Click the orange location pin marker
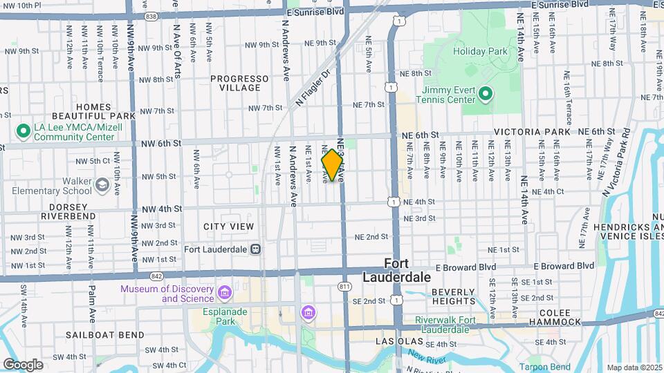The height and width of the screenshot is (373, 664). point(333,165)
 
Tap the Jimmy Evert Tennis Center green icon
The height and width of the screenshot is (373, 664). point(486,93)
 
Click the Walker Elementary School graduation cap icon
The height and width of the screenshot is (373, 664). point(102,184)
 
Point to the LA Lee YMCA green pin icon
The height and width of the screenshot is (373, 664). point(23,130)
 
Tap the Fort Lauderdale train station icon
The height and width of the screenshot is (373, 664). point(256,249)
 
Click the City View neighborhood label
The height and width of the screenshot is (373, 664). point(228,227)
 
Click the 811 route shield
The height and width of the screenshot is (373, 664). point(344,285)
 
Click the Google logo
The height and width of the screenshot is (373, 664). point(23,364)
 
